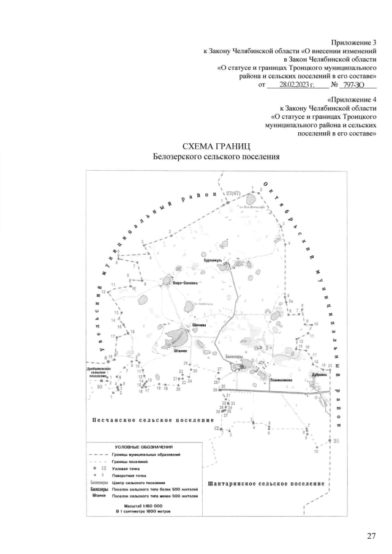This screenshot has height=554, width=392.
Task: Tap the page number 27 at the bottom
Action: coord(371,537)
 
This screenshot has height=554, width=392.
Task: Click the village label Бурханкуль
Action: coord(214,260)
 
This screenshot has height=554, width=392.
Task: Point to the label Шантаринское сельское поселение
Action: coord(266,484)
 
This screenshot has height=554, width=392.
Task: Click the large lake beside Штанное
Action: coord(178,336)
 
